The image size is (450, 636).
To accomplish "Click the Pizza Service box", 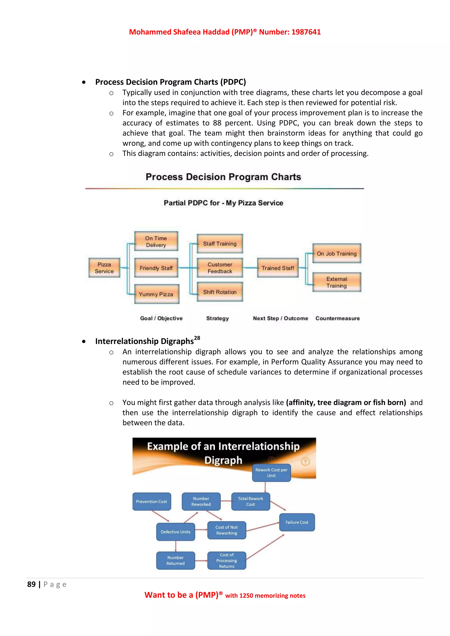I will pos(104,267).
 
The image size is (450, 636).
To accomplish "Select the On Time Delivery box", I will pos(156,241).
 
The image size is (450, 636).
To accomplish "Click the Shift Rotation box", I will pos(220,292).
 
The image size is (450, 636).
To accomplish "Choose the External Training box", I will pos(337,282).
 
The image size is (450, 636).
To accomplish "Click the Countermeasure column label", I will pos(337,318).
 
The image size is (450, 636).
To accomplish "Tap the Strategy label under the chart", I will pos(218,318).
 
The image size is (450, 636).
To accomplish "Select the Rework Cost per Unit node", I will pos(271,473).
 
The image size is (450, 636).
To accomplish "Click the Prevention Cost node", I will pos(152,501).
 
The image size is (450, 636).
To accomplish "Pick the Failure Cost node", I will pos(297,522).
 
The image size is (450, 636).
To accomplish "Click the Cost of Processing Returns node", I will pos(227,560).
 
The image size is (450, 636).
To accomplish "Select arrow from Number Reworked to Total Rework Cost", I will pos(226,501).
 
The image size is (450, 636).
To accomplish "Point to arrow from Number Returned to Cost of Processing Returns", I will pos(201,560).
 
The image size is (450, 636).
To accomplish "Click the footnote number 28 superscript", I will pos(197,338).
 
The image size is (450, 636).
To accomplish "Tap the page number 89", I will pos(31,584).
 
